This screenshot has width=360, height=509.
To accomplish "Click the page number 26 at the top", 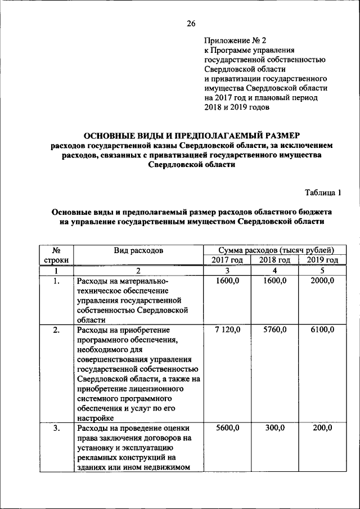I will pyautogui.click(x=191, y=23).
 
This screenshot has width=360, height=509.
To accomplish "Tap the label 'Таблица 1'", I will pyautogui.click(x=323, y=192).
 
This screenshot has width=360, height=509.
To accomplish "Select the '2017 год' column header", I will pyautogui.click(x=227, y=260).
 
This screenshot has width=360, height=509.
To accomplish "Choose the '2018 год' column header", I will pyautogui.click(x=274, y=260).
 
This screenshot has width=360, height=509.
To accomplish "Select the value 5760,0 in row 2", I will pyautogui.click(x=274, y=330).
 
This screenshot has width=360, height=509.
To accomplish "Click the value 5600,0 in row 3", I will pyautogui.click(x=228, y=428).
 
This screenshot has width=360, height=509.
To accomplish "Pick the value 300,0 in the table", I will pyautogui.click(x=276, y=428).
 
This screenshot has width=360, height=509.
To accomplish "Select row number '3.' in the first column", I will pyautogui.click(x=56, y=428).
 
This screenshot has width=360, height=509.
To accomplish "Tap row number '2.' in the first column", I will pyautogui.click(x=56, y=330).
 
